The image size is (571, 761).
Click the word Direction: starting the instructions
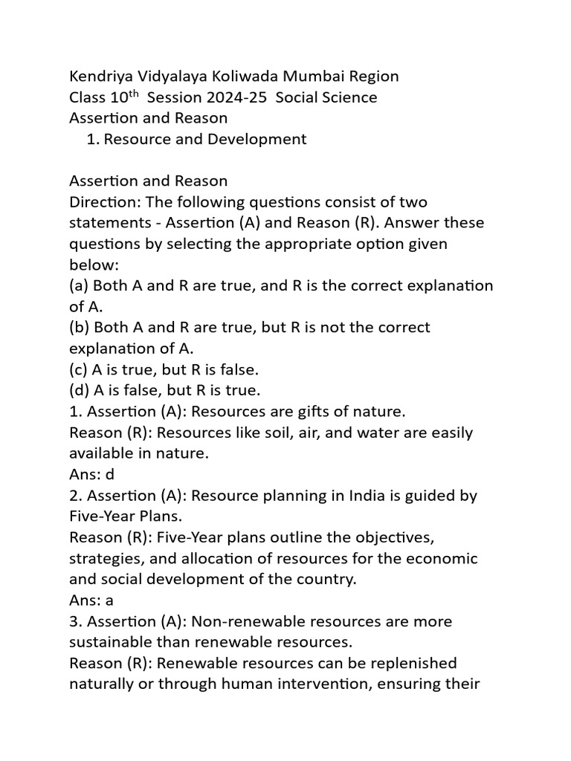pyautogui.click(x=105, y=201)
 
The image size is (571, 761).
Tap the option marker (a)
pyautogui.click(x=79, y=285)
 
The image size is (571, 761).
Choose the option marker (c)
pyautogui.click(x=79, y=369)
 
